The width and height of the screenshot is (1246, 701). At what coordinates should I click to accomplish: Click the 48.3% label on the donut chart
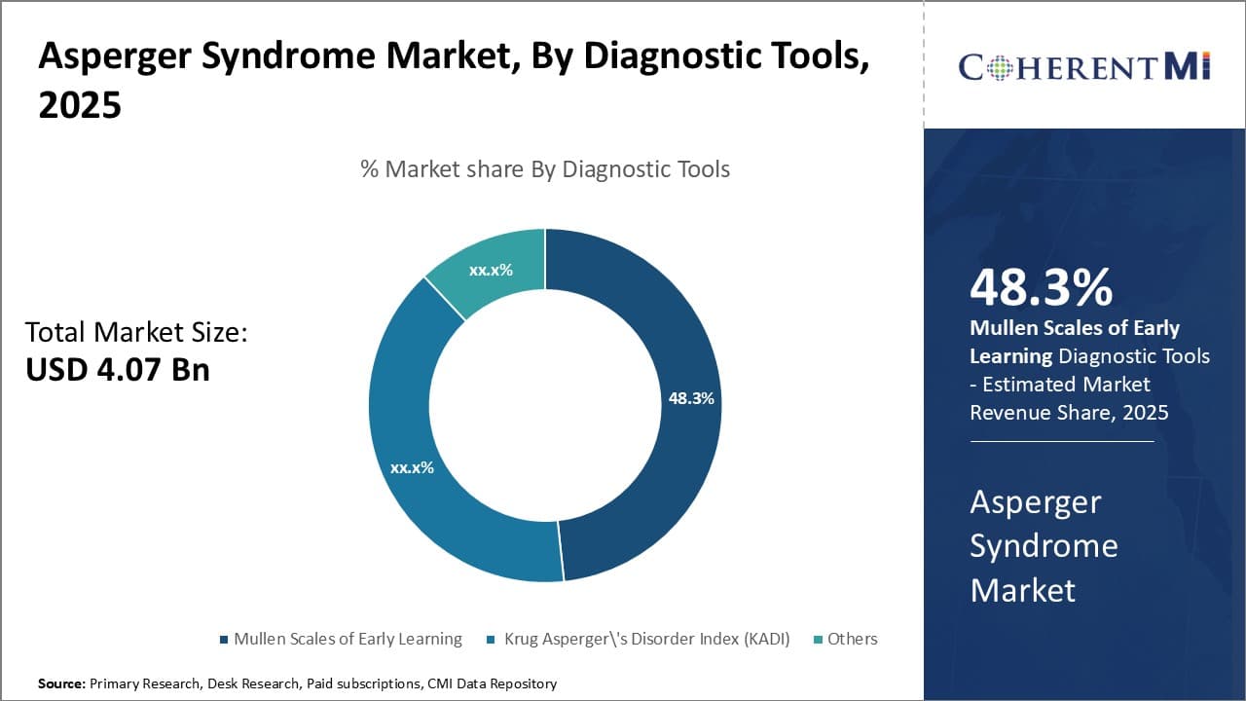tap(691, 398)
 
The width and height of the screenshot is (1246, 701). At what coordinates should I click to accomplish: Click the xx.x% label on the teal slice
tap(491, 270)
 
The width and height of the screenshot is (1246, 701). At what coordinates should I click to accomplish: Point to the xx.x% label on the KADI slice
tap(412, 467)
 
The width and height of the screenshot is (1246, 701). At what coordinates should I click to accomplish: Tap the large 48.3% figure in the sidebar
tap(1041, 287)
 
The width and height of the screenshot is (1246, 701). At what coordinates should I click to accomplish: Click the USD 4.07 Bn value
tap(117, 369)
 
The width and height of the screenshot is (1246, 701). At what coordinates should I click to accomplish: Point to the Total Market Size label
tap(136, 332)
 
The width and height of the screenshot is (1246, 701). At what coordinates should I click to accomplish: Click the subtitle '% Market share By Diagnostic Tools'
tap(545, 168)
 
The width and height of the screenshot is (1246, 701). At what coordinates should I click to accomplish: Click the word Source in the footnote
tap(60, 683)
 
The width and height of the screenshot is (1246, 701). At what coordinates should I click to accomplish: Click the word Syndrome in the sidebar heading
tap(1044, 545)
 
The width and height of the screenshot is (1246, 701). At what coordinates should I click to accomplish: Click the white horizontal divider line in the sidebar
tap(1061, 441)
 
